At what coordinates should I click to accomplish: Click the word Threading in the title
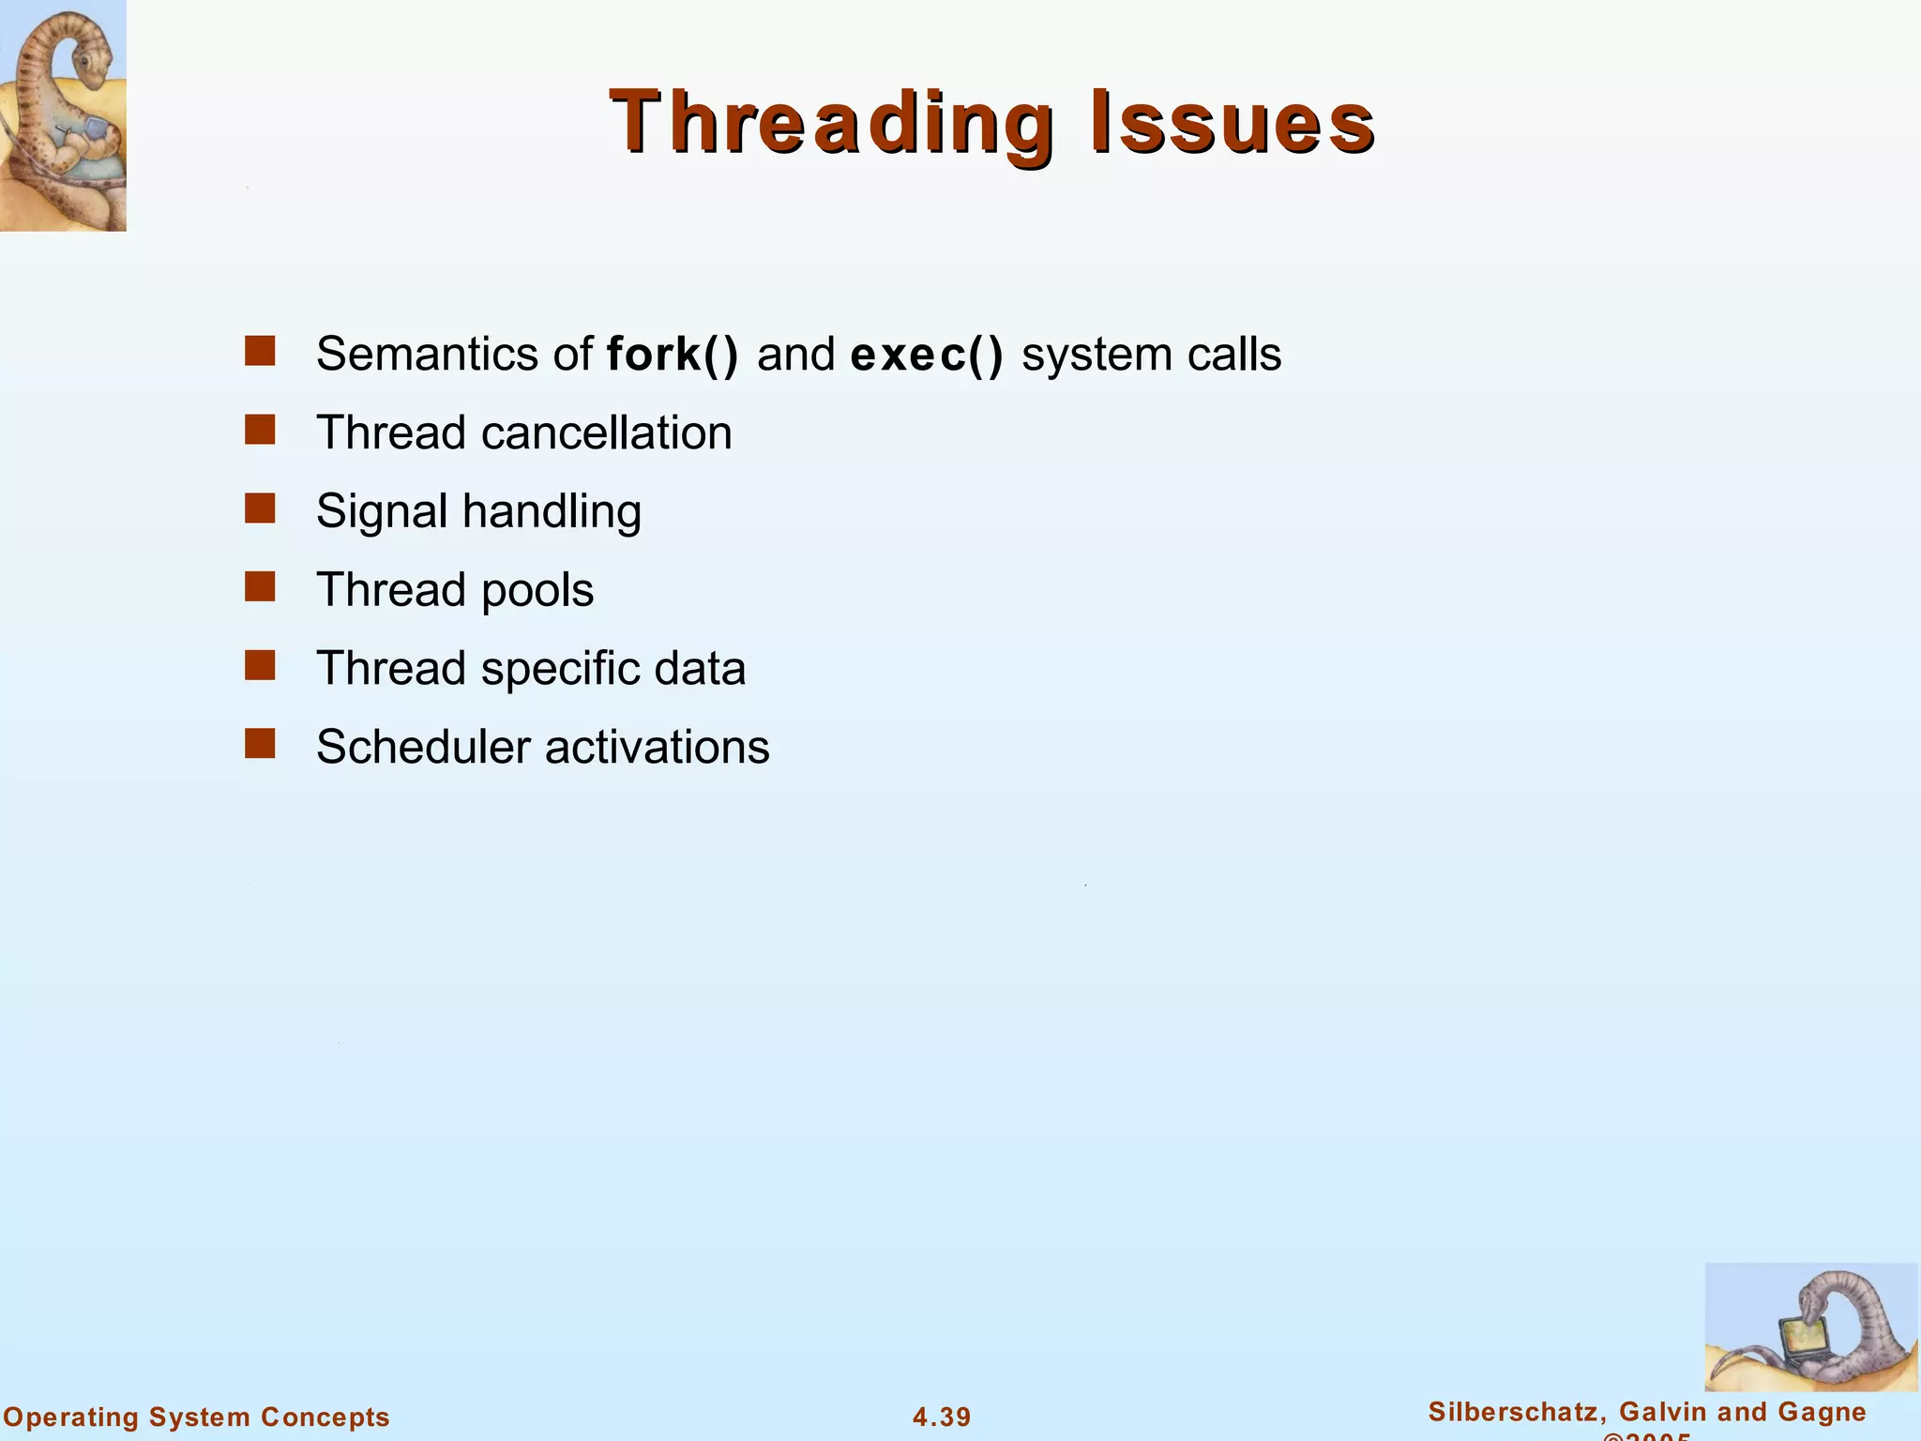coord(831,122)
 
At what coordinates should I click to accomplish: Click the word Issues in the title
coord(1232,122)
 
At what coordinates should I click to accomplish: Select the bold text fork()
coord(672,355)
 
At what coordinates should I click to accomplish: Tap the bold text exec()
coord(926,355)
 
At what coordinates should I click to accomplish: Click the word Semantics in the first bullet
coord(440,355)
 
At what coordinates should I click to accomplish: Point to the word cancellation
coord(606,433)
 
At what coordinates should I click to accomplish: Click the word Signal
coord(382,512)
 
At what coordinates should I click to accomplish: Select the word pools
coord(537,591)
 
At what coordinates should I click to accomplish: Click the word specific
coord(560,670)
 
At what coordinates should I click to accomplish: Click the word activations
coord(657,748)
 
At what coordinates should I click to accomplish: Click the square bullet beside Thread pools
coord(260,587)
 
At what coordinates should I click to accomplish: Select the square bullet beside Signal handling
coord(260,508)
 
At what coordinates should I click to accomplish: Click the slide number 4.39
coord(942,1417)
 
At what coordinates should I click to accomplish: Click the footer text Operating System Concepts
coord(197,1417)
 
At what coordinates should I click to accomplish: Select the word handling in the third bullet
coord(552,512)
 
